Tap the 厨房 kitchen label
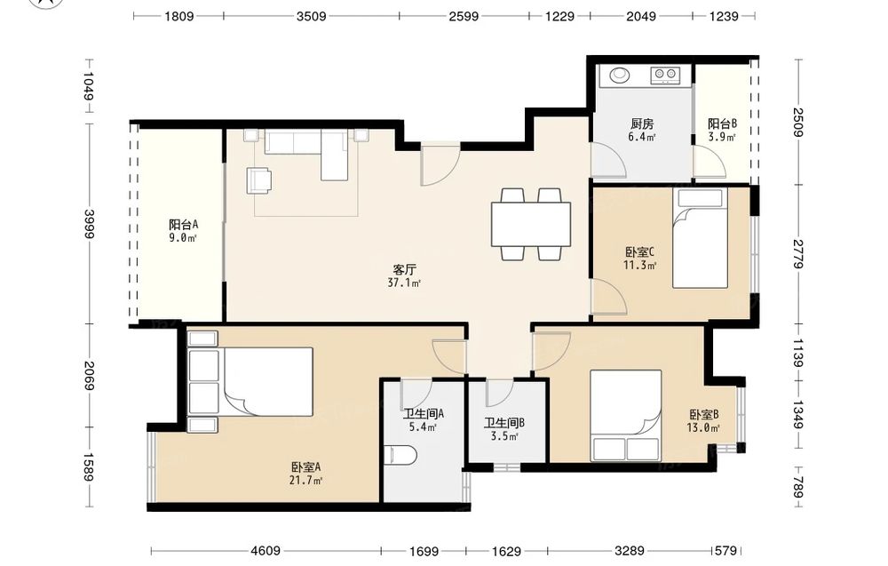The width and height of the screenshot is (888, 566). [642, 124]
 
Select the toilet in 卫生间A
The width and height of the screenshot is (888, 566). [400, 454]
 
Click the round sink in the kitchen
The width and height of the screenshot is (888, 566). [619, 75]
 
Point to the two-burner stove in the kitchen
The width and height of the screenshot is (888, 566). [665, 75]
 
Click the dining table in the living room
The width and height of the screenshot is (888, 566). [531, 225]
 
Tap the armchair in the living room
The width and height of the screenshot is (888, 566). [258, 180]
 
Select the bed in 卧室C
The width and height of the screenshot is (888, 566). [700, 238]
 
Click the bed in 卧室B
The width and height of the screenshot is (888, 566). [626, 416]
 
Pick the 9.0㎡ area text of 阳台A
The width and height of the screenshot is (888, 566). [182, 238]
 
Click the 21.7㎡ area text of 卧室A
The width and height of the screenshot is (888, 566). [305, 481]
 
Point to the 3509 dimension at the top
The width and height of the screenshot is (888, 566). [312, 16]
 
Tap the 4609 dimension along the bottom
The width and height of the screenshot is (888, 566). [266, 551]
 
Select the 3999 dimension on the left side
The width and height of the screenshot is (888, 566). [89, 224]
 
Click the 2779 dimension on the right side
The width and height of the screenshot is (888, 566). [798, 254]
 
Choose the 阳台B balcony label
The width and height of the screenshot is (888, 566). [722, 124]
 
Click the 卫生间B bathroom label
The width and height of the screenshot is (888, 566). [504, 423]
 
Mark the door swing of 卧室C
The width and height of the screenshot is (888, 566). [609, 296]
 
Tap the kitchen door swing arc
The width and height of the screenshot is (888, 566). [609, 160]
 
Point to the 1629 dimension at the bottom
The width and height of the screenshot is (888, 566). [506, 551]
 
